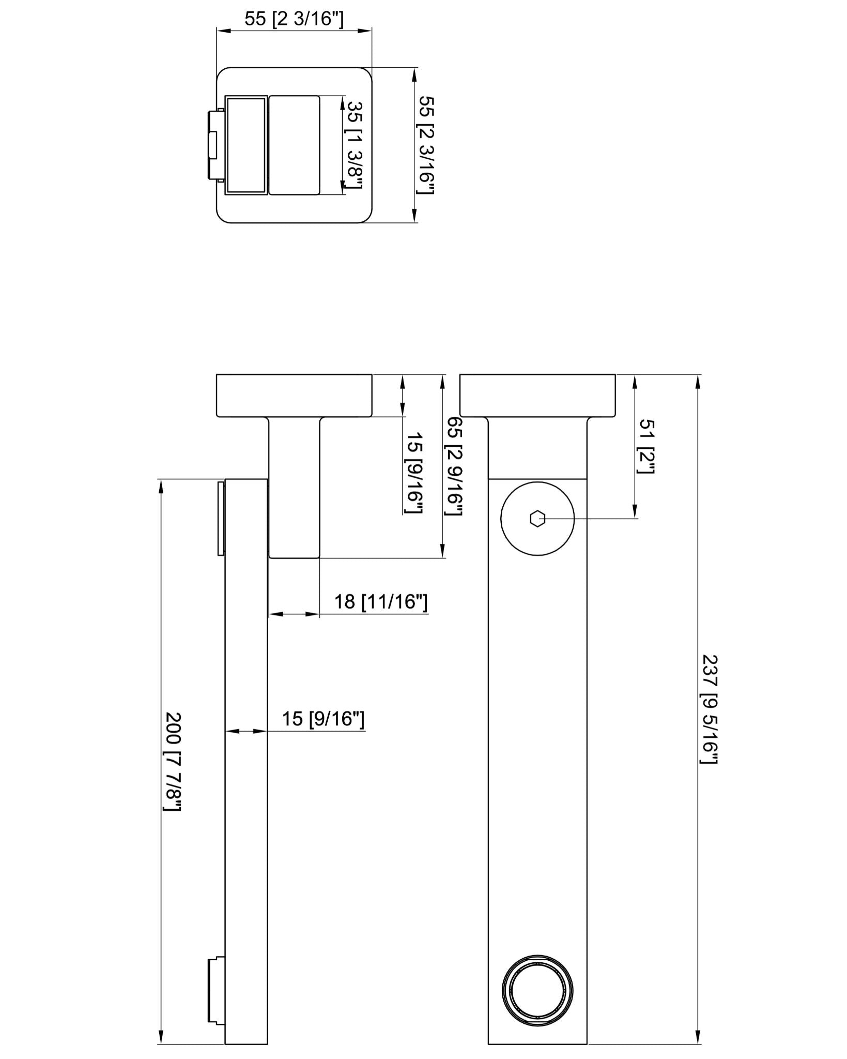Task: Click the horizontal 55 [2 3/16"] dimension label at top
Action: [x=294, y=19]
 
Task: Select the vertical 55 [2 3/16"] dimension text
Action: [x=426, y=145]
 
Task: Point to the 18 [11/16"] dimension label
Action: [x=381, y=602]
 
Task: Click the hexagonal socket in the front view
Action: [x=537, y=518]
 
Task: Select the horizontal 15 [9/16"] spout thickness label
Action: [x=323, y=719]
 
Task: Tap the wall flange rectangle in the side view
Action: [x=294, y=396]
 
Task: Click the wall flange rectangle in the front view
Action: [x=537, y=396]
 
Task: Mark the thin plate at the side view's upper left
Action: [x=221, y=518]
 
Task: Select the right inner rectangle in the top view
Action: [x=294, y=145]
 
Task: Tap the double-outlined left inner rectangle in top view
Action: [x=246, y=145]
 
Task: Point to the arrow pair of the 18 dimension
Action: [x=294, y=614]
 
